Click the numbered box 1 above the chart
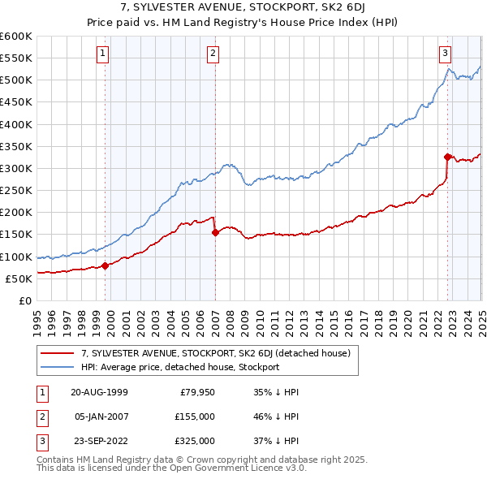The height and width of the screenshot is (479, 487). click(105, 54)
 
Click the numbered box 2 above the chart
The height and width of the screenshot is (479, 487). click(213, 54)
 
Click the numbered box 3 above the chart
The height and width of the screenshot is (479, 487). click(446, 54)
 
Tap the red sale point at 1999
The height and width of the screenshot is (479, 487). click(106, 265)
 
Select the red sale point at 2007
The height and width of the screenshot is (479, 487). click(215, 232)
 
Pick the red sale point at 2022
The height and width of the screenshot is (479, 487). click(447, 157)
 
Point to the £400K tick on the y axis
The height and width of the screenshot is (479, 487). click(16, 124)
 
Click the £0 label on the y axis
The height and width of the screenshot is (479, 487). click(24, 300)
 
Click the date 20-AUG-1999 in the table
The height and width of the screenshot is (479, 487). click(99, 391)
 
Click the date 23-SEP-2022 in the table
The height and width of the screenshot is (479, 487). click(99, 442)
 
